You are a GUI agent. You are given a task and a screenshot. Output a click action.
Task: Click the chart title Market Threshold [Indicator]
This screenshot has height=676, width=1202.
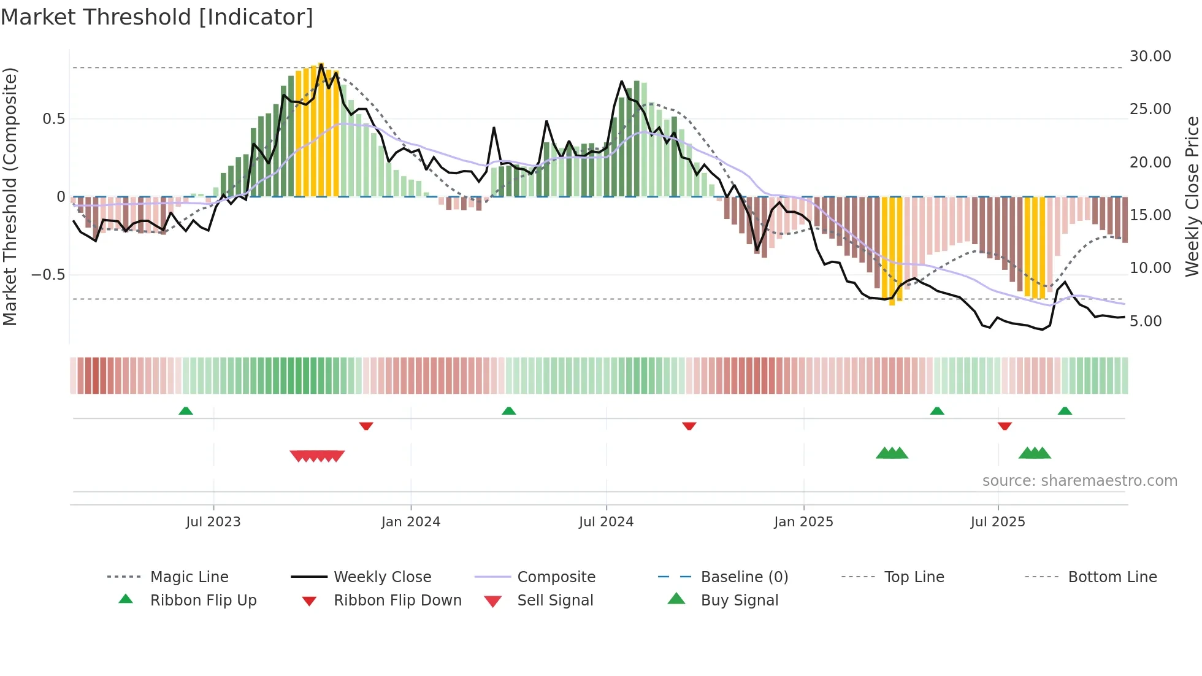click(157, 17)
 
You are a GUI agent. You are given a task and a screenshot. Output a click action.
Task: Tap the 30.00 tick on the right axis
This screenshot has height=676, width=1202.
click(1150, 56)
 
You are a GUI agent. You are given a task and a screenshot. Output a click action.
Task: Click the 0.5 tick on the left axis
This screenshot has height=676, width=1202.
click(54, 119)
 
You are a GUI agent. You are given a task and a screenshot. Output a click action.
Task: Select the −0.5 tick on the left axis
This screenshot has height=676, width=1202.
click(48, 275)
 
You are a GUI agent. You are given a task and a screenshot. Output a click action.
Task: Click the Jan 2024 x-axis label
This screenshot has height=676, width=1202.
click(410, 522)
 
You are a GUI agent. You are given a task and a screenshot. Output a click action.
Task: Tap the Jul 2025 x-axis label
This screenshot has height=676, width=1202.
click(997, 522)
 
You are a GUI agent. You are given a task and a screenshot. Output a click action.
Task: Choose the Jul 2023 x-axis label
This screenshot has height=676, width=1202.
click(213, 522)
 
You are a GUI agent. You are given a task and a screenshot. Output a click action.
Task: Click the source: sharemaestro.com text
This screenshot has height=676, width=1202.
click(1079, 481)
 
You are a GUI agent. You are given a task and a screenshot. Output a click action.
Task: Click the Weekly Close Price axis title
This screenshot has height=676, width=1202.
click(1192, 196)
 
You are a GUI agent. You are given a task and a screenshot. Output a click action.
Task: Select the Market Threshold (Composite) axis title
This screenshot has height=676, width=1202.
click(10, 196)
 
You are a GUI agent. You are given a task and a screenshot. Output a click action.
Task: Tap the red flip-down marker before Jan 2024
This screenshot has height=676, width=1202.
click(366, 426)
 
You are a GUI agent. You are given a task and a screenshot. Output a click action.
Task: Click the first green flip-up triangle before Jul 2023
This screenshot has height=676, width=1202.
click(186, 410)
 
